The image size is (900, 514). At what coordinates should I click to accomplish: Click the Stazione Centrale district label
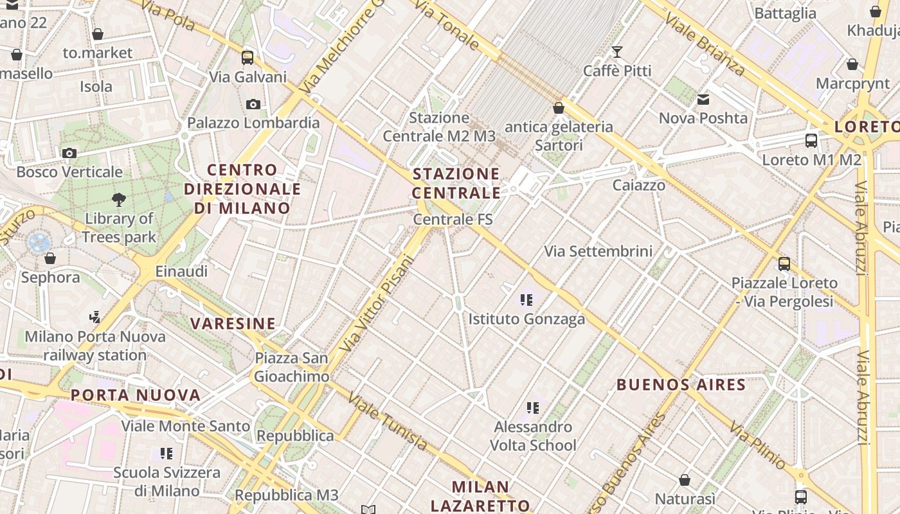click(456, 183)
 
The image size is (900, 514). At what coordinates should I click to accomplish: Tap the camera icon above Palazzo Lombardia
click(253, 104)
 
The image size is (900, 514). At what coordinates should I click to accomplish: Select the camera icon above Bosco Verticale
click(69, 153)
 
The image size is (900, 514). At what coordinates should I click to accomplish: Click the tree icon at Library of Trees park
click(119, 200)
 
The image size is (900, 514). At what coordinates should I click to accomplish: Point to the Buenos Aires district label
click(681, 385)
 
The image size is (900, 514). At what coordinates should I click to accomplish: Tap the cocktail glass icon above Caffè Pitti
click(617, 52)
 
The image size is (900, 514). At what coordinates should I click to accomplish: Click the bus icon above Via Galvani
click(248, 58)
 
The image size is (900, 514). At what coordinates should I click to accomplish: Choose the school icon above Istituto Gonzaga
click(527, 300)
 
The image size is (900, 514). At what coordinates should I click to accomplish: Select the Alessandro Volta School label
click(533, 436)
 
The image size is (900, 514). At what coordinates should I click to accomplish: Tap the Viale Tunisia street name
click(387, 421)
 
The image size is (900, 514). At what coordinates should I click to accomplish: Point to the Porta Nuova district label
click(136, 394)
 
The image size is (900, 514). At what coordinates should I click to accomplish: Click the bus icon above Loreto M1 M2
click(811, 141)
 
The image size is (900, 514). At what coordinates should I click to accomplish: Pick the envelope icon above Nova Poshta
click(703, 100)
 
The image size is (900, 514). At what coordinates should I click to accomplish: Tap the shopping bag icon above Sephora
click(50, 259)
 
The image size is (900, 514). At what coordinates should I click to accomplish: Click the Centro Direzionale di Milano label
click(242, 189)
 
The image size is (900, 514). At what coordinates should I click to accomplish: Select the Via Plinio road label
click(757, 445)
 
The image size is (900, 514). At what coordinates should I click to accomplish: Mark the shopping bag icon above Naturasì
click(685, 480)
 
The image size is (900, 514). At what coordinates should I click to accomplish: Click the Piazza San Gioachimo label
click(292, 367)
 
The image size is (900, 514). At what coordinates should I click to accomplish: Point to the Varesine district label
click(233, 323)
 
